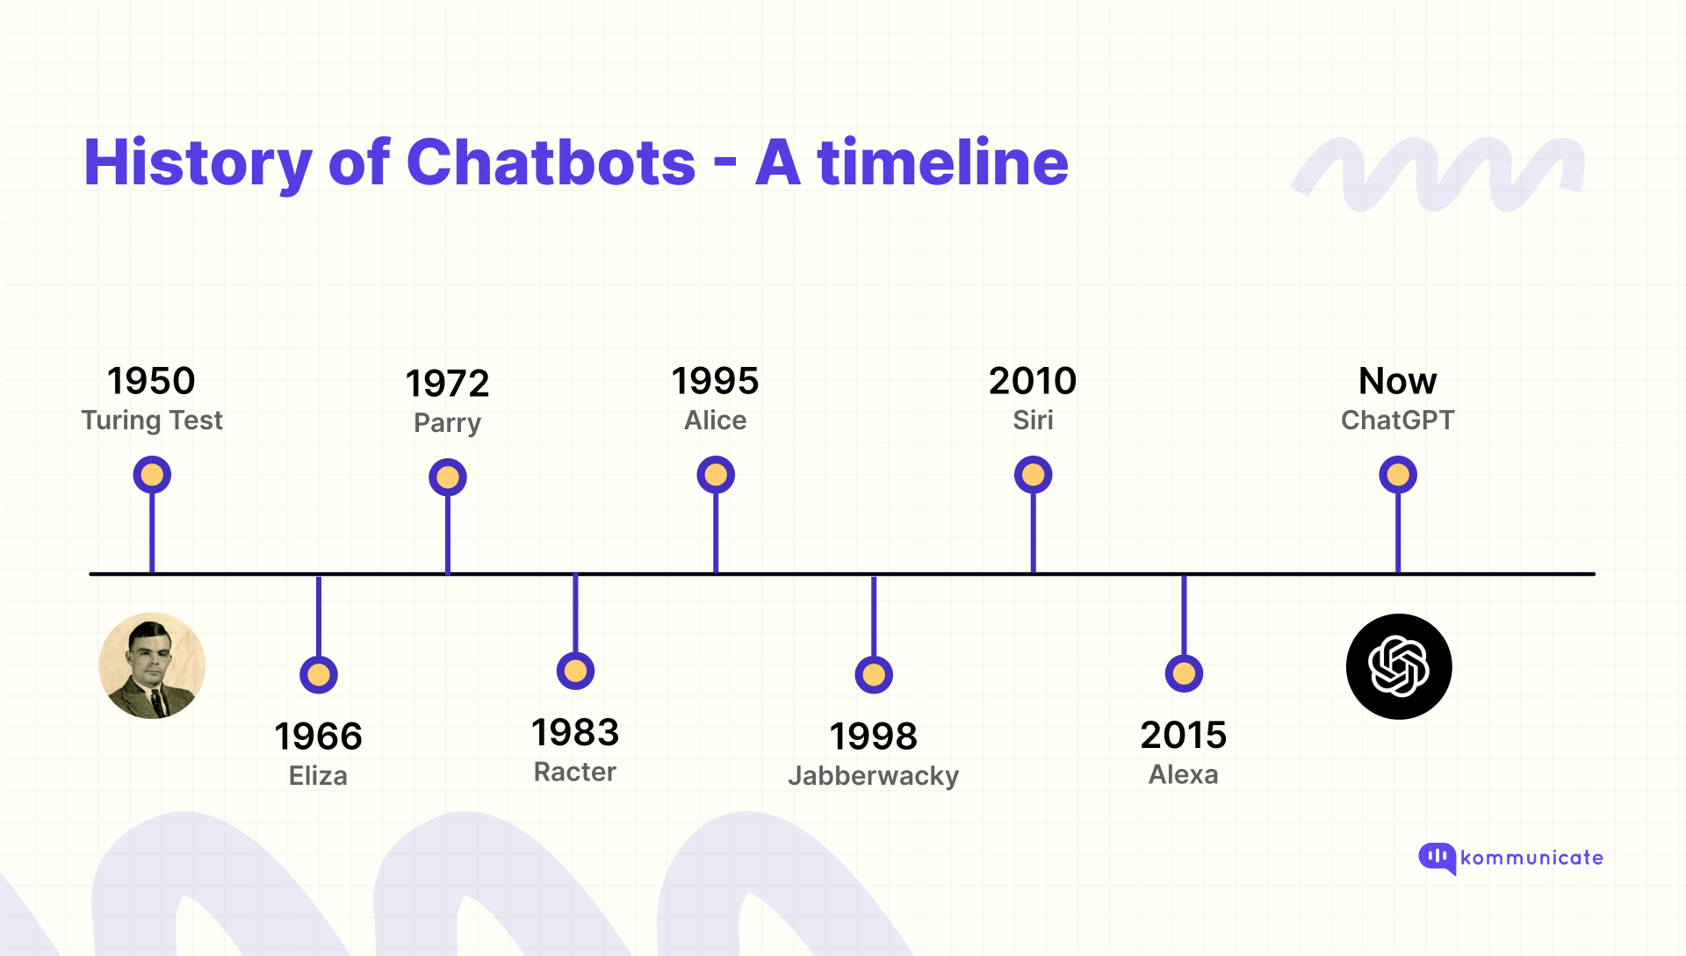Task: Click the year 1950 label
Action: click(x=151, y=381)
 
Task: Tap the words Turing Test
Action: click(x=152, y=420)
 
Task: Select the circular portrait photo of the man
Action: click(x=152, y=665)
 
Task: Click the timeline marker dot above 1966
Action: click(x=319, y=675)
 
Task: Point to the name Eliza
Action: click(x=318, y=776)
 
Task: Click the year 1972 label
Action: click(x=447, y=384)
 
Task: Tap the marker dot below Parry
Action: click(x=448, y=478)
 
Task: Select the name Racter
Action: click(x=575, y=773)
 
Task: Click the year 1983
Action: click(x=575, y=733)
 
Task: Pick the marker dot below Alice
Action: click(x=716, y=475)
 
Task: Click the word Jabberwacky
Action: click(x=873, y=776)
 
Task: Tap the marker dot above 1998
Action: click(x=874, y=675)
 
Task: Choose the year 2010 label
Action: click(x=1033, y=381)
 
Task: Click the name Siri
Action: click(x=1033, y=420)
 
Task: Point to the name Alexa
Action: click(x=1183, y=775)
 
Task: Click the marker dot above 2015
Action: click(x=1184, y=673)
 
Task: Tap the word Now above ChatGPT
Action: click(x=1397, y=381)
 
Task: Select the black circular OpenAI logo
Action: click(x=1399, y=666)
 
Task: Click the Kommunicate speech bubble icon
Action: click(x=1437, y=858)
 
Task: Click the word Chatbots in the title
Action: click(x=551, y=163)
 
